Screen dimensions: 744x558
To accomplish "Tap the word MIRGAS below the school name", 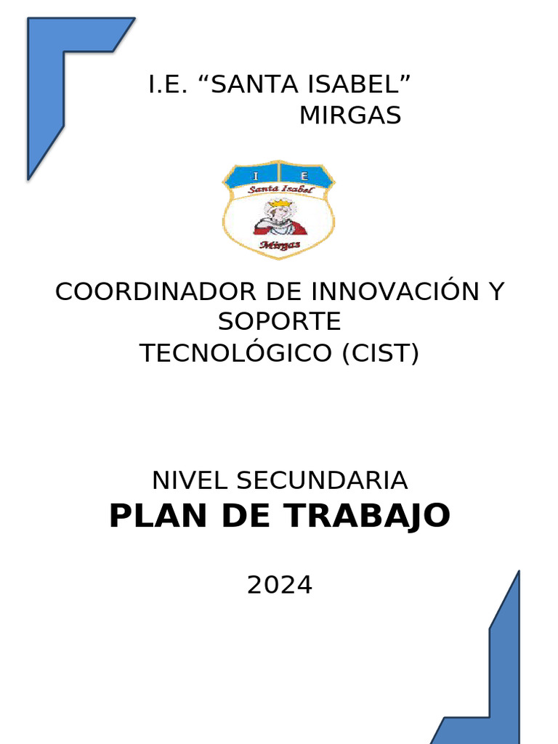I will tap(350, 116).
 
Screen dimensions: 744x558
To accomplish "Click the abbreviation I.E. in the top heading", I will tap(166, 85).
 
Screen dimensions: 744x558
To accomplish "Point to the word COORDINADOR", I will tap(155, 292).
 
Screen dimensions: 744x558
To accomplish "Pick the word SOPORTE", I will tap(279, 322).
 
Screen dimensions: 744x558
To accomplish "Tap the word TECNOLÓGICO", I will tap(235, 353).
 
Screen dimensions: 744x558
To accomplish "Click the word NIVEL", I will tap(190, 480).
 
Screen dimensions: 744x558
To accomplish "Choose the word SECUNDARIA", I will tap(322, 480).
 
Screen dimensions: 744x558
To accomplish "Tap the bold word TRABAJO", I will tap(367, 517).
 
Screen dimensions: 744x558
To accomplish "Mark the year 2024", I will tap(279, 585).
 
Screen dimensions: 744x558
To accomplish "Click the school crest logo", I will tap(279, 209).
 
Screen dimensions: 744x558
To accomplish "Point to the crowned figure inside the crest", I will tap(279, 217).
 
